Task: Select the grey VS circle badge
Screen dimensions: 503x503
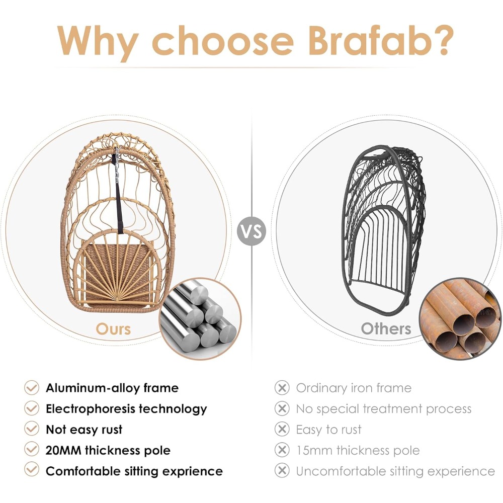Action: tap(251, 231)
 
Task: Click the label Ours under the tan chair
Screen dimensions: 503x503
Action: tap(113, 329)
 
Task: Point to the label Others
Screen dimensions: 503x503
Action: tap(386, 329)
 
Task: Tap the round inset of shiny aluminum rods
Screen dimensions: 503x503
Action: tap(200, 319)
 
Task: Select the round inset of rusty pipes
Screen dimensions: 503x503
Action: tap(461, 318)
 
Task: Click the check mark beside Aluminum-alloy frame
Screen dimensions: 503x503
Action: tap(32, 387)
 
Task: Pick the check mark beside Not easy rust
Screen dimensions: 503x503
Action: tap(32, 429)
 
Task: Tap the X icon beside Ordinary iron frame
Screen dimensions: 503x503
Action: tap(282, 387)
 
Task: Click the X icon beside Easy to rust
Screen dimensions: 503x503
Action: tap(282, 429)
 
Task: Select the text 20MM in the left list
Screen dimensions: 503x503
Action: tap(63, 450)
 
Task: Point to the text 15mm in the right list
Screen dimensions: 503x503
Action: tap(314, 450)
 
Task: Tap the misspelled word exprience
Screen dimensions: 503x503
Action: tap(192, 472)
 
